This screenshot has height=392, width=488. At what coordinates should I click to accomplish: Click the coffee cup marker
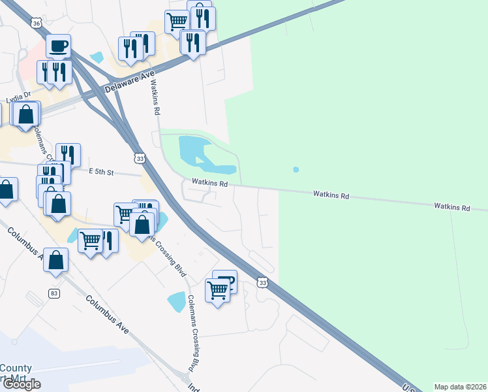click(59, 46)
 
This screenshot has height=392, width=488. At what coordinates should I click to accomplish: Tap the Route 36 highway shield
click(37, 23)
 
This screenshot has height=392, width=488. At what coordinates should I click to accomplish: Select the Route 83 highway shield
click(53, 293)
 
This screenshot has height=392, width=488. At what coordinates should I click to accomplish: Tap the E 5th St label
click(101, 172)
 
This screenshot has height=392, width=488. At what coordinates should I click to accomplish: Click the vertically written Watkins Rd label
click(155, 98)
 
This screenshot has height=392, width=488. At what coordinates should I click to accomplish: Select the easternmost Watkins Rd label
click(452, 207)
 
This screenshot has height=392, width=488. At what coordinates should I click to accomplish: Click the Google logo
click(21, 384)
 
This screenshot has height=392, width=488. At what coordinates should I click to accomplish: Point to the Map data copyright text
click(460, 387)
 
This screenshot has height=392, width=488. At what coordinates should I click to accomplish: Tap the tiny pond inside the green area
click(296, 169)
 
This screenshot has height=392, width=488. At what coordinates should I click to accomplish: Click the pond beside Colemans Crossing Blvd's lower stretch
click(176, 301)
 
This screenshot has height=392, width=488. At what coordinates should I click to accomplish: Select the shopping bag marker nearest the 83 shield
click(56, 259)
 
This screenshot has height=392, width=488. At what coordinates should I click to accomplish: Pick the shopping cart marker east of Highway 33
click(217, 289)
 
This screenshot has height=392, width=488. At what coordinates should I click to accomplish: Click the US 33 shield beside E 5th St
click(139, 158)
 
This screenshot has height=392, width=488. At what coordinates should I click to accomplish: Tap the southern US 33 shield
click(262, 282)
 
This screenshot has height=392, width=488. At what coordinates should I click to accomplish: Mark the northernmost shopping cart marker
click(176, 22)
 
